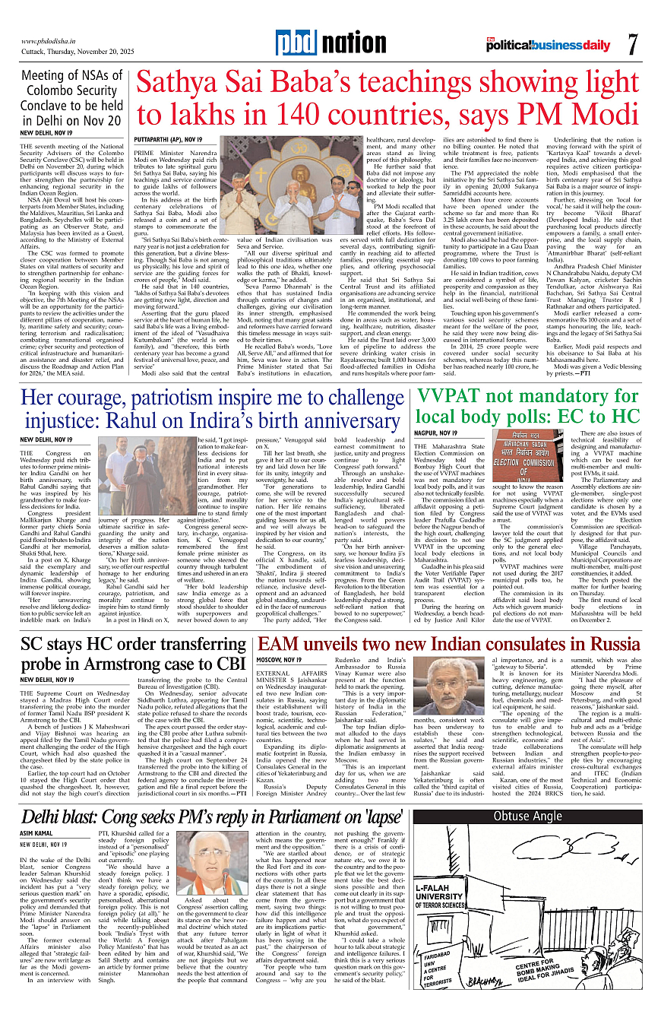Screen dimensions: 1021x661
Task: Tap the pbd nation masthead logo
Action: point(330,43)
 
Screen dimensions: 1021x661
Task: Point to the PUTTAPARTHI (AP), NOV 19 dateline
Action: point(168,140)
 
